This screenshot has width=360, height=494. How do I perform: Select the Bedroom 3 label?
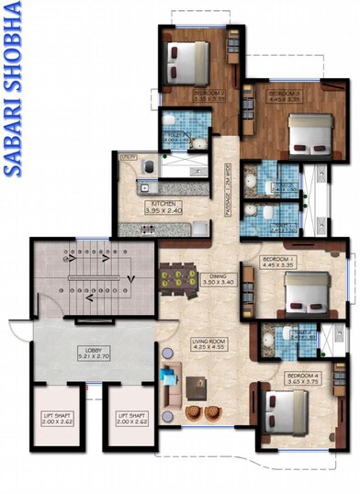pyautogui.click(x=284, y=95)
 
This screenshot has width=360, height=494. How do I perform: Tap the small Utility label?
pyautogui.click(x=129, y=157)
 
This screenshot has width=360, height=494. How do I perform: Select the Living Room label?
pyautogui.click(x=209, y=344)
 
